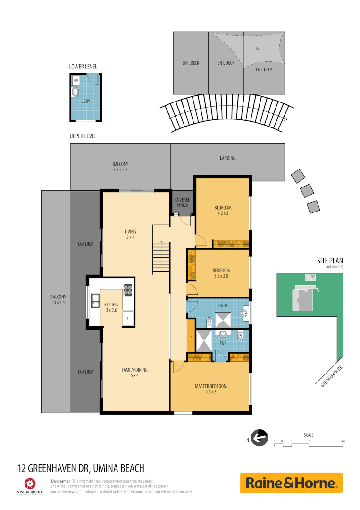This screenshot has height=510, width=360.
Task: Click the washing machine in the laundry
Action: pyautogui.click(x=76, y=81)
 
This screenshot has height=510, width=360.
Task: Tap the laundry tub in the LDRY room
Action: pyautogui.click(x=76, y=91)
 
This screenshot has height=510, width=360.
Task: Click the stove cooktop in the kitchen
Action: pyautogui.click(x=128, y=289)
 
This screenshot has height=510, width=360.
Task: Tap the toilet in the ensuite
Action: pyautogui.click(x=240, y=337)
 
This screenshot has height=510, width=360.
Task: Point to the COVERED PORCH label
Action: pyautogui.click(x=182, y=203)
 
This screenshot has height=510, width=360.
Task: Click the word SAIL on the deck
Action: pyautogui.click(x=258, y=49)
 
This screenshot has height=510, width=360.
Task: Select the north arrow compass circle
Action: pyautogui.click(x=260, y=437)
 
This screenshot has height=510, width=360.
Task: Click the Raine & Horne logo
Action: pyautogui.click(x=291, y=483)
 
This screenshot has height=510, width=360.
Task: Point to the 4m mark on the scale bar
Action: pyautogui.click(x=343, y=441)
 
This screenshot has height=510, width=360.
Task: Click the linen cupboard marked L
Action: pyautogui.click(x=191, y=336)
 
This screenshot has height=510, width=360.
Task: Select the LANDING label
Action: pyautogui.click(x=227, y=158)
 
